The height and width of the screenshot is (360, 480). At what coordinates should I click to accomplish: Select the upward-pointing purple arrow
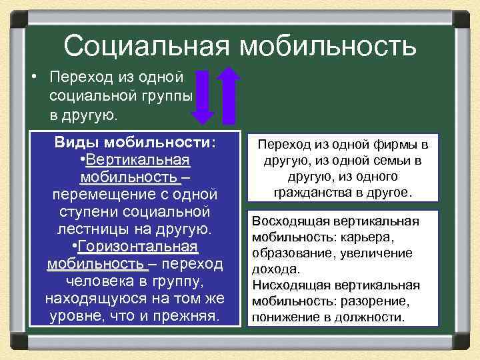(x=229, y=97)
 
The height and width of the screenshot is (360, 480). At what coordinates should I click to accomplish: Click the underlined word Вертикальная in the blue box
(x=138, y=161)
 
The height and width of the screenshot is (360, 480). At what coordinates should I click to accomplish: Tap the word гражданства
(x=307, y=193)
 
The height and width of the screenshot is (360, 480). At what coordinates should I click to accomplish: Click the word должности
(x=373, y=317)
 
